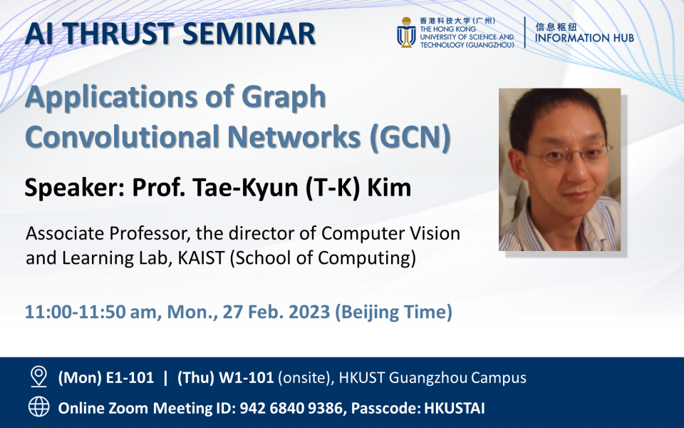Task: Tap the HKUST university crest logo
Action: pyautogui.click(x=406, y=33)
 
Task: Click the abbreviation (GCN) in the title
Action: pyautogui.click(x=410, y=137)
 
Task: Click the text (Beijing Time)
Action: pyautogui.click(x=394, y=312)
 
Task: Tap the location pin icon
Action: pyautogui.click(x=38, y=377)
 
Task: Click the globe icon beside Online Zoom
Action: pyautogui.click(x=38, y=407)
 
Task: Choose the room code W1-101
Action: pyautogui.click(x=247, y=378)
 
